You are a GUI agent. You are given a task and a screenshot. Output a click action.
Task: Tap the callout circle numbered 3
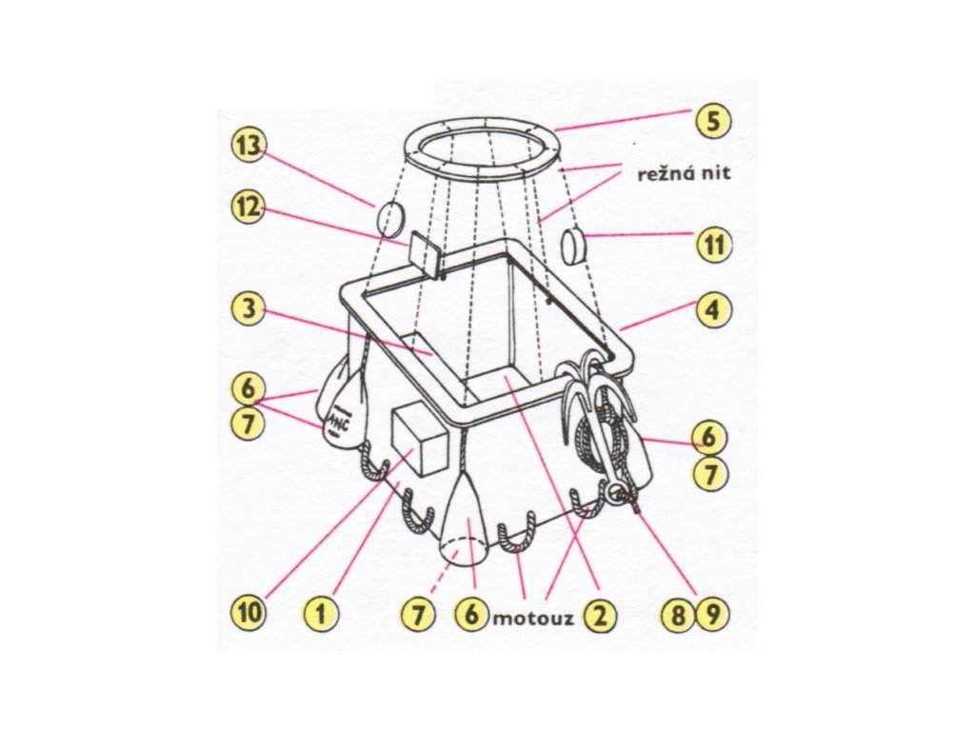coord(249,309)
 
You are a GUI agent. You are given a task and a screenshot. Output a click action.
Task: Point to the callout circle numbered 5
coord(712,121)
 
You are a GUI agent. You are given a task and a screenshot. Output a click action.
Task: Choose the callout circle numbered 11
coord(712,245)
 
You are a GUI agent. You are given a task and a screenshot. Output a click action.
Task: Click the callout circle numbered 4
coord(712,311)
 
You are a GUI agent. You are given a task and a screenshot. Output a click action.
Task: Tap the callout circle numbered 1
coord(322,614)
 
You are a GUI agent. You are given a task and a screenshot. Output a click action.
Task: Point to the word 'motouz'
coord(532,618)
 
